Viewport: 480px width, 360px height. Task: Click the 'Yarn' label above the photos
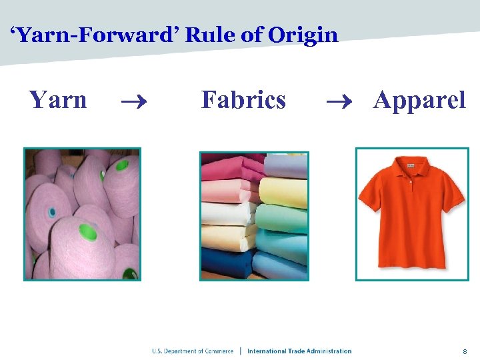click(58, 100)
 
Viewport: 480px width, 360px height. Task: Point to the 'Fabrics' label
click(243, 100)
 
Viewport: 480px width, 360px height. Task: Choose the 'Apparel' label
click(419, 100)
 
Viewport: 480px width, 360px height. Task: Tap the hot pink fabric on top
click(227, 164)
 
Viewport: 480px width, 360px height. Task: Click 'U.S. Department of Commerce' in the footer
click(193, 351)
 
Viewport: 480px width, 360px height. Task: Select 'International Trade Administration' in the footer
click(299, 351)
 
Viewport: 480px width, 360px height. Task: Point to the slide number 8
click(464, 351)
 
